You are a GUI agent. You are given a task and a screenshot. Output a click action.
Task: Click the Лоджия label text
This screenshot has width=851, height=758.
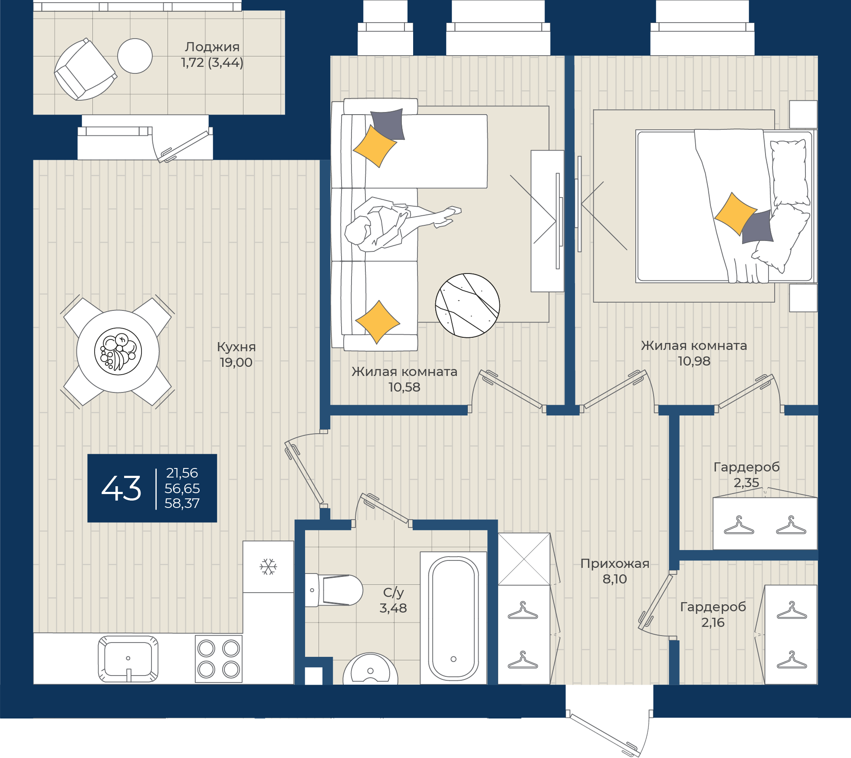212,46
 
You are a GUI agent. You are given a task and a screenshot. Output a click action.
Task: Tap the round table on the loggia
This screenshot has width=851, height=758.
135,56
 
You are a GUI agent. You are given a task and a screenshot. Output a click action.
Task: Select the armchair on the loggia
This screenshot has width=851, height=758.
85,69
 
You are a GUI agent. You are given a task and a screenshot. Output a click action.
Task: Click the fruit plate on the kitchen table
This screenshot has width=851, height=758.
118,351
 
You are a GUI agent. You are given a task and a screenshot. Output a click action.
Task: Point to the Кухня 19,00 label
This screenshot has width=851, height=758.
236,354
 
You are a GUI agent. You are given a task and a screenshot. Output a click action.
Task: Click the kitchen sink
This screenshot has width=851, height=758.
128,659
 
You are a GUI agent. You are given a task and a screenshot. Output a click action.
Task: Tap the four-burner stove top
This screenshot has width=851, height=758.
219,659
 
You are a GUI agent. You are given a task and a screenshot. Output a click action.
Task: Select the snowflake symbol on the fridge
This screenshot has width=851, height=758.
268,567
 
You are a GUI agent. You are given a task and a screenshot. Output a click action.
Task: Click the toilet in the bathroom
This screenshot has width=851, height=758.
334,590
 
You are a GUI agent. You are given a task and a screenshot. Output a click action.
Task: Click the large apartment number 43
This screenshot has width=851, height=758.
122,488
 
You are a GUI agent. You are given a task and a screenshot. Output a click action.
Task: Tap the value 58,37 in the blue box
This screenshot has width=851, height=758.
182,503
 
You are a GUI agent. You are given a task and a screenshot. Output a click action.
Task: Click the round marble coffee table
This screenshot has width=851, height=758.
467,305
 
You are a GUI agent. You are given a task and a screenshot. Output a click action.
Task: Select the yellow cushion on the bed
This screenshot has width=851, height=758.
736,214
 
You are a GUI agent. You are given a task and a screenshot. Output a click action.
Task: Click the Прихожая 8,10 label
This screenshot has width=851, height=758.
615,571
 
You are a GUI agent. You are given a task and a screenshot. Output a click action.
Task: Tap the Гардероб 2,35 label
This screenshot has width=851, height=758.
746,475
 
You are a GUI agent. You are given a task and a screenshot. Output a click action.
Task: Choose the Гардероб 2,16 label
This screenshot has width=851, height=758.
713,614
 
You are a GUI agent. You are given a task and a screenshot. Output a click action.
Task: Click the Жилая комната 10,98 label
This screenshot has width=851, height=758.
694,353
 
